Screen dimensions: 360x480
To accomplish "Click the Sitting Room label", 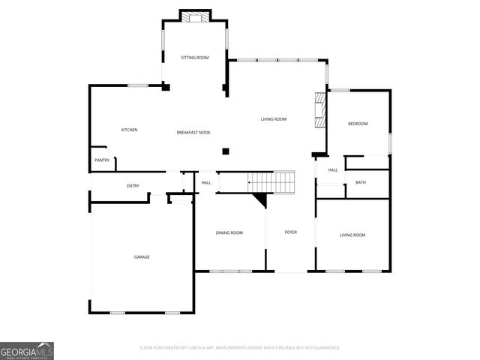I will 194,58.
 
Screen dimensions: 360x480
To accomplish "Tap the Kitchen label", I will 130,130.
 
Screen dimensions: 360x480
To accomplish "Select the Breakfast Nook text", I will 193,133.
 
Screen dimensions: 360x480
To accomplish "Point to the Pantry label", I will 102,160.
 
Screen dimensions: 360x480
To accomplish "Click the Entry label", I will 133,186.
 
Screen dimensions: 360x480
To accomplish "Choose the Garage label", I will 142,257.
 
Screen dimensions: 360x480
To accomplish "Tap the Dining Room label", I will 229,233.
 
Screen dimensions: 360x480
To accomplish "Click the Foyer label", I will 290,232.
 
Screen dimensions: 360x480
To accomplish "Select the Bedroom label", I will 358,124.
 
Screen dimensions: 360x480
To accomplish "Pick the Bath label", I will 361,182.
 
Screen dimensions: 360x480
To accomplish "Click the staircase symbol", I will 271,181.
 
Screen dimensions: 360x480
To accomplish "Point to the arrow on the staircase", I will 250,181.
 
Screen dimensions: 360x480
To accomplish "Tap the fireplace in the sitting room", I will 194,16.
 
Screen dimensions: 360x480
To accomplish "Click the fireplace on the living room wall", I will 320,111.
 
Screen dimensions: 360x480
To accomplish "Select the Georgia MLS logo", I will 27,350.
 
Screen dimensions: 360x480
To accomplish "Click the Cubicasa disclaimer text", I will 240,348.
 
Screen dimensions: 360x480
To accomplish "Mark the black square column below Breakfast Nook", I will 225,151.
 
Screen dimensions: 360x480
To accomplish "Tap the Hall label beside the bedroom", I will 333,170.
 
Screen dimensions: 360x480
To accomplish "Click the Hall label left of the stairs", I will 206,182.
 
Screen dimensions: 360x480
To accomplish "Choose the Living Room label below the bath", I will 352,235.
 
